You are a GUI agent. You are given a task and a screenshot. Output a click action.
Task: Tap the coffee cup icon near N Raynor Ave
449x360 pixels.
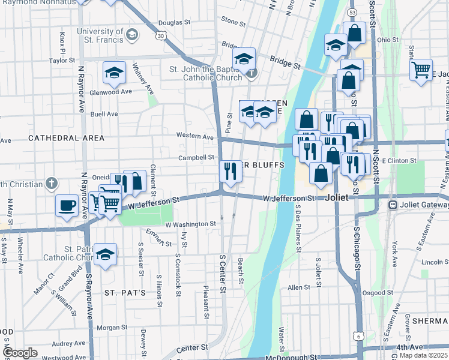click(x=67, y=205)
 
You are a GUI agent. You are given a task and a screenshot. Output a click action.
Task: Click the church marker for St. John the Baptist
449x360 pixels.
click(x=252, y=74)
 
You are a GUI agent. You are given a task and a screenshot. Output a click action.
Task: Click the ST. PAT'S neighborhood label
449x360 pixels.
click(x=125, y=293)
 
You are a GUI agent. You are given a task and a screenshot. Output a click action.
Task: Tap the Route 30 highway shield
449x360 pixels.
click(x=161, y=35)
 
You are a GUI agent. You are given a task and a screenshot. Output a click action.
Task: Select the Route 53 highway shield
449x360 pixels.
click(x=352, y=12)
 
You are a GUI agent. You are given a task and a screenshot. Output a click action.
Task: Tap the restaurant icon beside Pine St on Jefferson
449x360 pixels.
click(x=229, y=170)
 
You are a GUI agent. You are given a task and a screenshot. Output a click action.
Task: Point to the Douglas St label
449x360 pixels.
click(x=174, y=23)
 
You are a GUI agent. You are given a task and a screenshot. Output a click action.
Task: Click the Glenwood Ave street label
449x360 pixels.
click(x=110, y=92)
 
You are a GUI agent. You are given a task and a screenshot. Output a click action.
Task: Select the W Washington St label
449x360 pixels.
click(x=190, y=224)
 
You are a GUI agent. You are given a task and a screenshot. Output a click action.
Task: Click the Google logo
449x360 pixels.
click(x=20, y=353)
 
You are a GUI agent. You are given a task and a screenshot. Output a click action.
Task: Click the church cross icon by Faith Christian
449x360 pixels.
click(x=52, y=183)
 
